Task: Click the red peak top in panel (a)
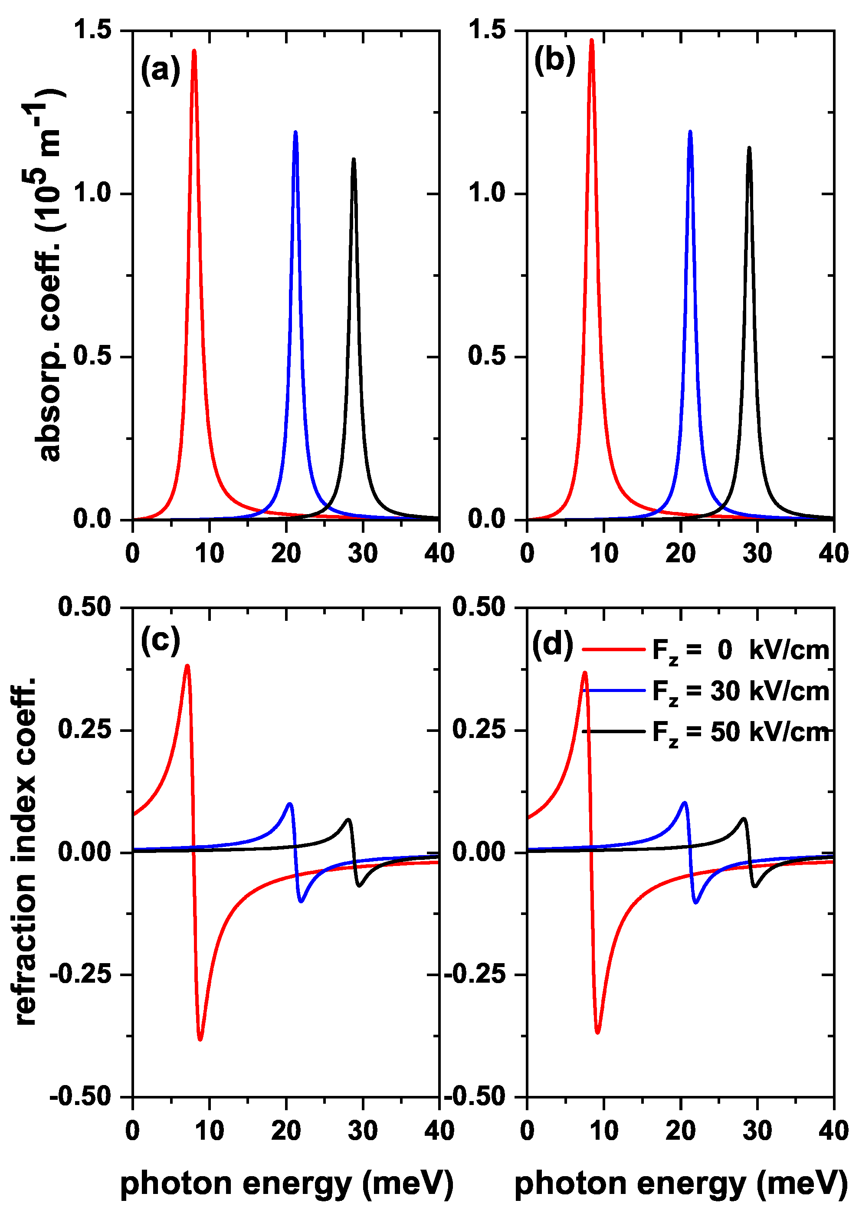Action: [x=194, y=51]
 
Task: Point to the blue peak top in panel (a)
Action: [x=295, y=132]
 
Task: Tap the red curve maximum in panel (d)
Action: [x=584, y=673]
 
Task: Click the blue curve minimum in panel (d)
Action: [x=695, y=902]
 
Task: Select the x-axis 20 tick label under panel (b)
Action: [x=680, y=554]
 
